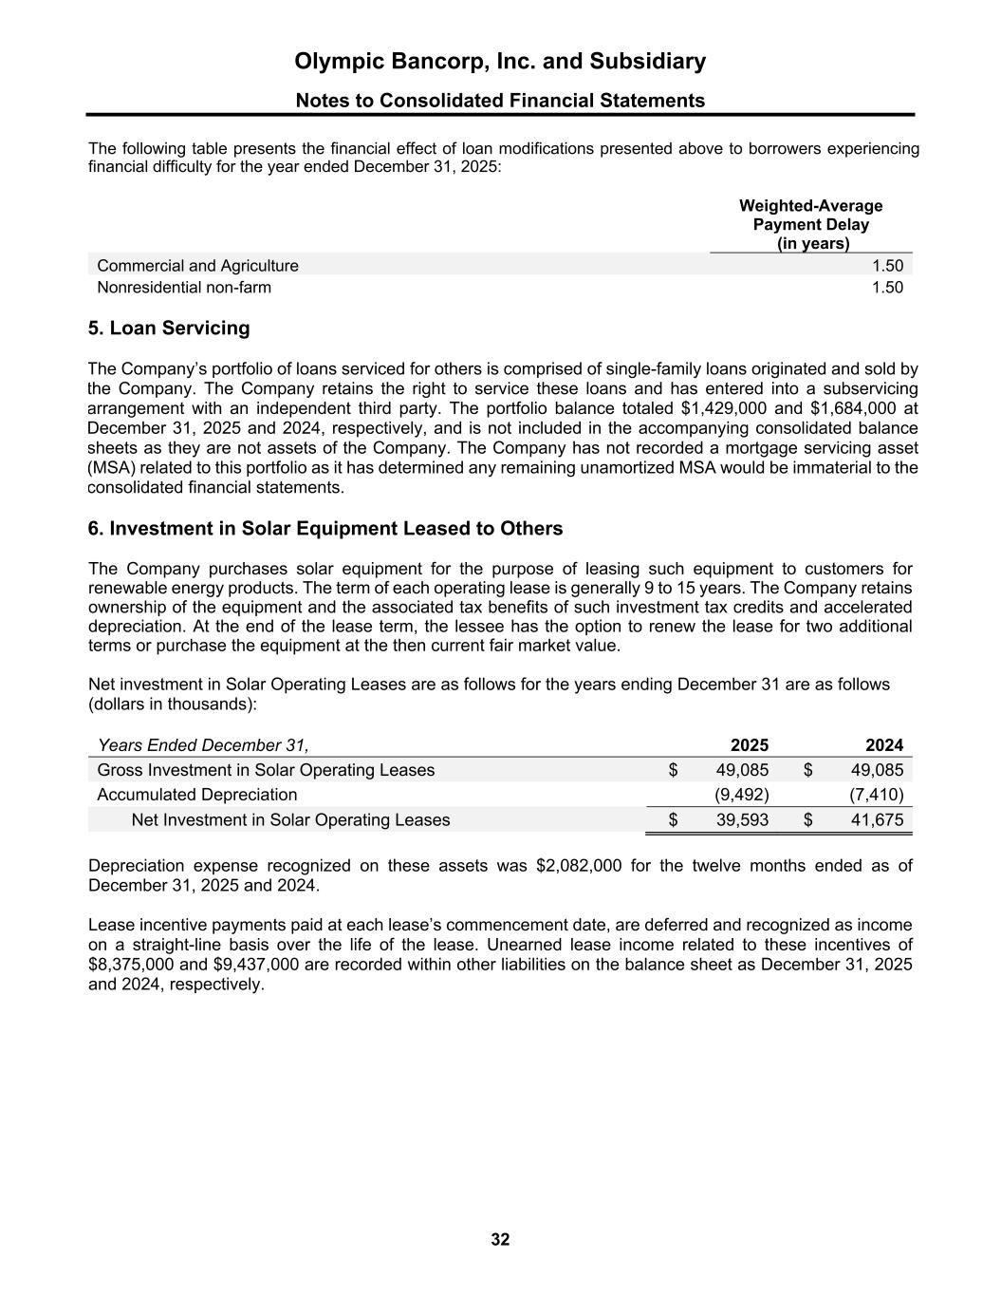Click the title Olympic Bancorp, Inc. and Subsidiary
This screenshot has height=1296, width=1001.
coord(500,62)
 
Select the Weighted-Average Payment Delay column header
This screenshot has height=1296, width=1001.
coord(810,225)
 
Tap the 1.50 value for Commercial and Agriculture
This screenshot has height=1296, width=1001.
coord(887,266)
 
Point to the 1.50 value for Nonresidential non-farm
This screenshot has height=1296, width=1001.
coord(887,288)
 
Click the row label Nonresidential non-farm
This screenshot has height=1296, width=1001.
coord(184,288)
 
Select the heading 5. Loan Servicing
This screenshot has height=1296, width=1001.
coord(169,329)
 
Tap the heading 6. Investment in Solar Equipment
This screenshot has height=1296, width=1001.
coord(324,529)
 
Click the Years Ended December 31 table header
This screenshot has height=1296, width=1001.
coord(203,745)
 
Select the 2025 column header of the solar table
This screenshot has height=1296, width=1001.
coord(750,745)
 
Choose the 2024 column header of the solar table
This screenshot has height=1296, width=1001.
coord(883,745)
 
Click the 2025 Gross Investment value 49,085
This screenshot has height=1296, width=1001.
coord(742,770)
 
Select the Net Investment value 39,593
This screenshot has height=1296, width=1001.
coord(742,819)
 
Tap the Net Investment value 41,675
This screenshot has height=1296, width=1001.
coord(877,819)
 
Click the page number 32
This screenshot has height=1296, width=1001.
coord(500,1239)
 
